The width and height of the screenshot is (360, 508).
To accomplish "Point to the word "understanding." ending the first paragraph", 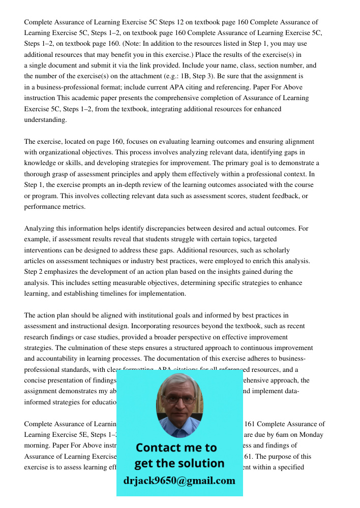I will pos(45,120).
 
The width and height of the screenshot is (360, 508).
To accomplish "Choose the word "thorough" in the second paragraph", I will pos(37,174).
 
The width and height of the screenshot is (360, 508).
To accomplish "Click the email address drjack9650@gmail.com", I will pos(179,481).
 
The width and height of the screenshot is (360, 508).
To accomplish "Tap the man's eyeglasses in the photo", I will pos(178,399).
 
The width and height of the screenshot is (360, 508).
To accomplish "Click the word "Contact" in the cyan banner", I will pos(160,448).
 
